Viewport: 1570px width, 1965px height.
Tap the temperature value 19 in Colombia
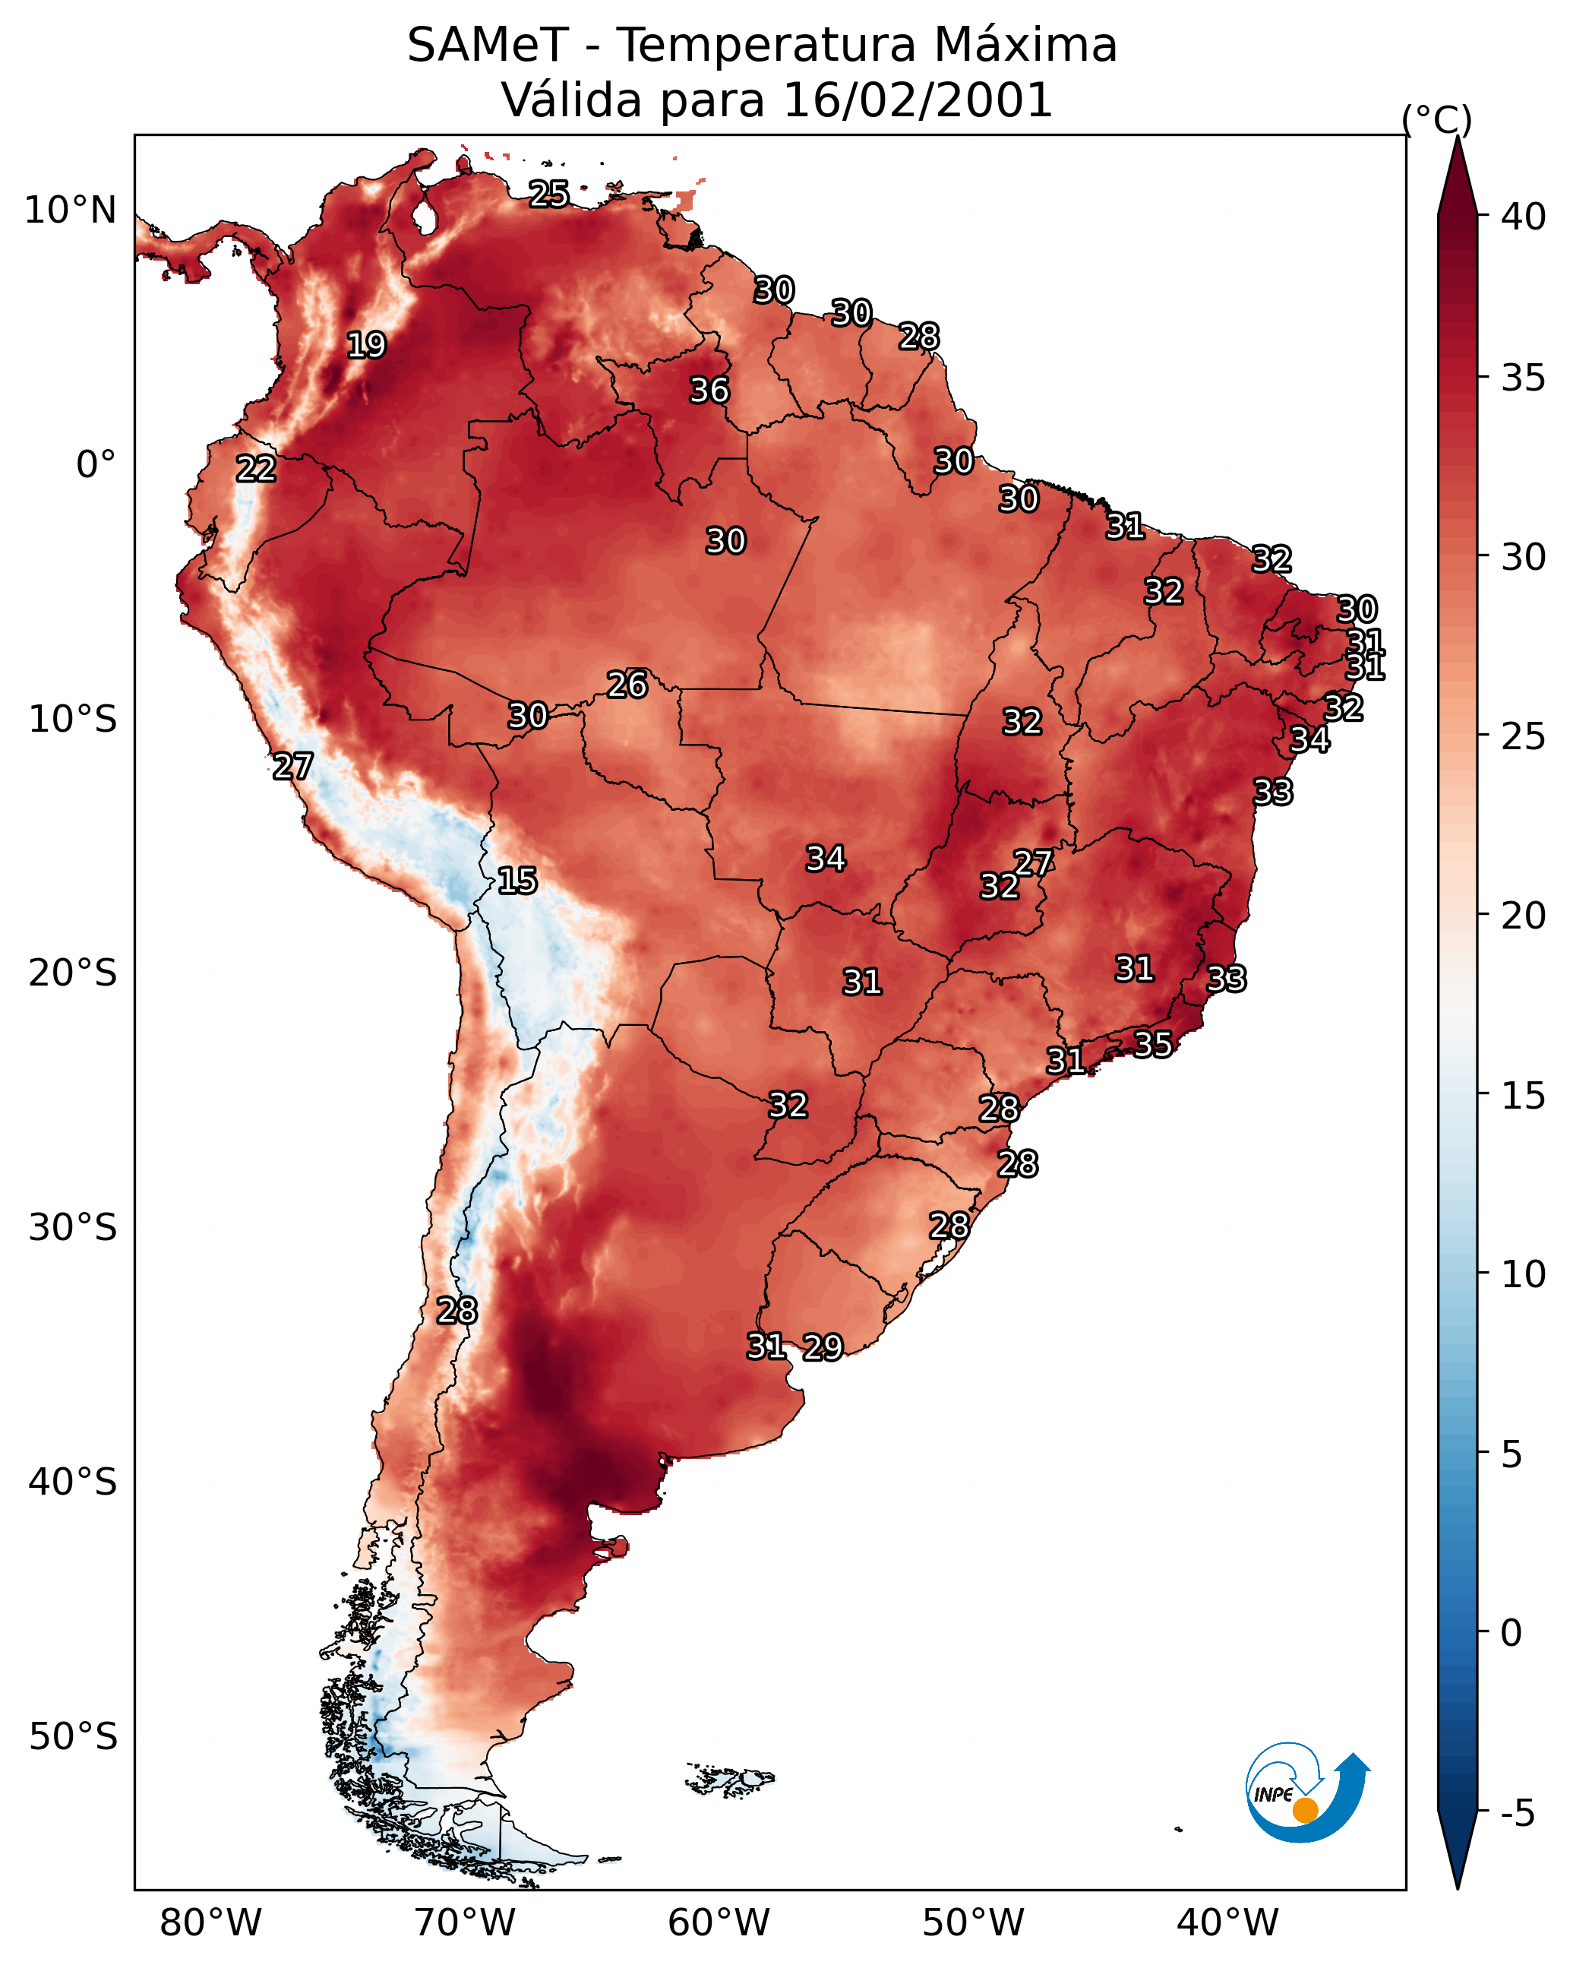(x=366, y=346)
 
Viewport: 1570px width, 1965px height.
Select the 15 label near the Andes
(x=516, y=881)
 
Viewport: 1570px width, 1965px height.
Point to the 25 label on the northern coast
(x=548, y=194)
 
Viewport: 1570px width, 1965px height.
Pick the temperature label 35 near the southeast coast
(x=1153, y=1043)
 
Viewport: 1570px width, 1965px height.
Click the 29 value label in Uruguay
(x=823, y=1347)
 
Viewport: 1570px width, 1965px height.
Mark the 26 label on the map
(x=627, y=685)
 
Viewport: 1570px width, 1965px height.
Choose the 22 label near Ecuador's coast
(x=256, y=470)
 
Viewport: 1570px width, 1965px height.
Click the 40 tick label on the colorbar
(x=1524, y=217)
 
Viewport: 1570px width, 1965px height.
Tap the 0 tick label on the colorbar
(x=1511, y=1633)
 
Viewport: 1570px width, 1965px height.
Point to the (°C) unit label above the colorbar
(x=1437, y=119)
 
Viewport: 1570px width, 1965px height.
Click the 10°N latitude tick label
(x=70, y=210)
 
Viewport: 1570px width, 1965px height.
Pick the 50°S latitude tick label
(x=73, y=1737)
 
